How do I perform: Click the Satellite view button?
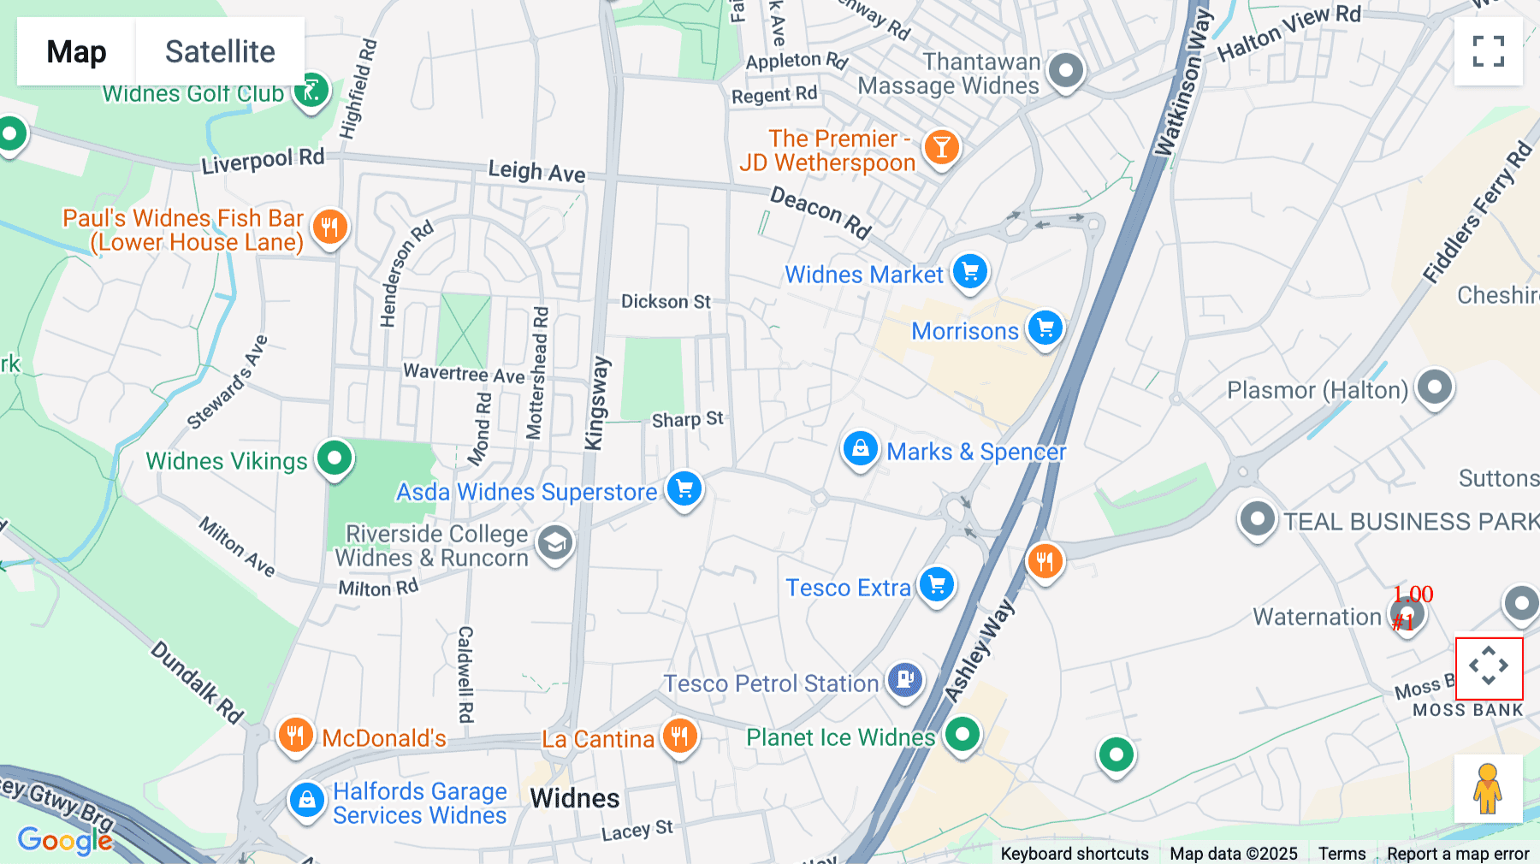tap(220, 51)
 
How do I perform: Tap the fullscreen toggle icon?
tap(1488, 51)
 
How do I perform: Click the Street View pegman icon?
tap(1488, 788)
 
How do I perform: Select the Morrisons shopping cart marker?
tap(1045, 328)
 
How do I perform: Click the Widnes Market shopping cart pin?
tap(969, 272)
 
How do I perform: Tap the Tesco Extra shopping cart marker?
tap(937, 585)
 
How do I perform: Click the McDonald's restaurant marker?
tap(295, 735)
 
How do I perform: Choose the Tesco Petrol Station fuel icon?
tap(905, 680)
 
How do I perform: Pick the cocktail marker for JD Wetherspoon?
tap(941, 148)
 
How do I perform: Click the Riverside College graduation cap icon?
tap(554, 542)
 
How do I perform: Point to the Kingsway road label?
tap(596, 402)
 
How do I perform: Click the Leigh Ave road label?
tap(536, 171)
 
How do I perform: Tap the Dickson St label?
tap(666, 301)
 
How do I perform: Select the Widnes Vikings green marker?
tap(335, 458)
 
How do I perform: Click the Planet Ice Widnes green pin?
tap(962, 734)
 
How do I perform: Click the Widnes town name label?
tap(574, 798)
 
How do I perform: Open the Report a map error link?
tap(1458, 853)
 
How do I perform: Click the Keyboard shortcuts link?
tap(1075, 853)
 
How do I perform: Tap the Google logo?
tap(64, 840)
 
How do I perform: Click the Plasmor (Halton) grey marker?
tap(1435, 387)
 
